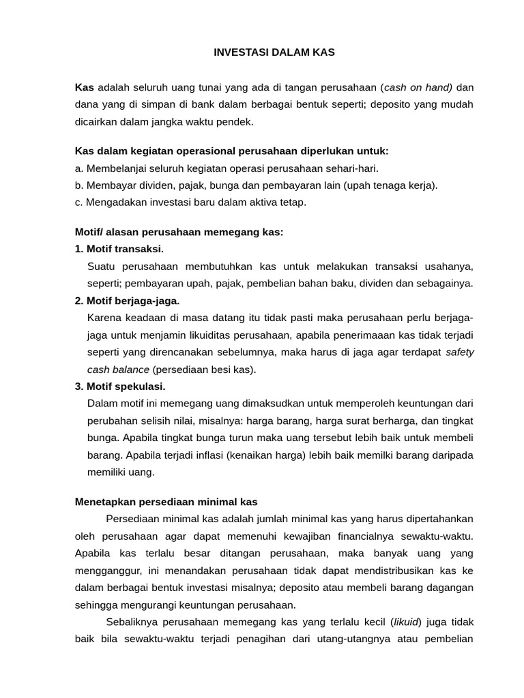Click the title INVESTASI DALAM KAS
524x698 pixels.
274,52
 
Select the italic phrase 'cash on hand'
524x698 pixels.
419,87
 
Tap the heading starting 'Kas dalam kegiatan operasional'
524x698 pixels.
231,151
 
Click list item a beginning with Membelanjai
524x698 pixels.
227,168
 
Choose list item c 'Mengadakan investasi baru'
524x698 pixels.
190,202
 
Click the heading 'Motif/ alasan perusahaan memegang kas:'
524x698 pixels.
179,232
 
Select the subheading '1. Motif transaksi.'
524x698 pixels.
119,249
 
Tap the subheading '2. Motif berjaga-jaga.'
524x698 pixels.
128,301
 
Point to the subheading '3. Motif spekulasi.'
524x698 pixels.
121,386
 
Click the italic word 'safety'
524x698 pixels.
459,352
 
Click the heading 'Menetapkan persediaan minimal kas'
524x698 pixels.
166,502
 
